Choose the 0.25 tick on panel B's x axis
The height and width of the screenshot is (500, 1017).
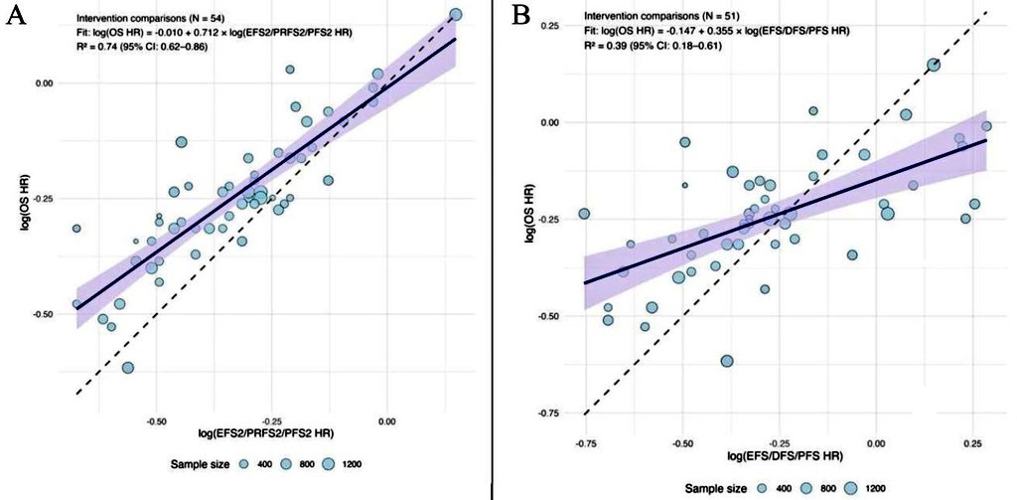tap(971, 439)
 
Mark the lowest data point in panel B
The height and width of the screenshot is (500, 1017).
tap(727, 361)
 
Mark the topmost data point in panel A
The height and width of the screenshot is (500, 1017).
tap(456, 15)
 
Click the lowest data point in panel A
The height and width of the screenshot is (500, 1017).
tap(128, 368)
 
